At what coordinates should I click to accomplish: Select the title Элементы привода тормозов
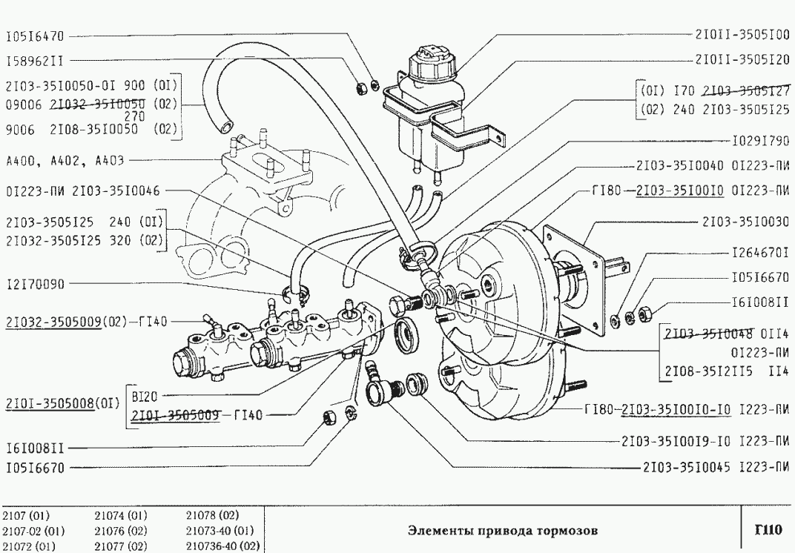point(502,531)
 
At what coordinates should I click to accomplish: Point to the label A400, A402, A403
point(65,159)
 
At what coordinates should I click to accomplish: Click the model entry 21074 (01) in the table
point(121,515)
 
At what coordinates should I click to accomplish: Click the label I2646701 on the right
point(759,254)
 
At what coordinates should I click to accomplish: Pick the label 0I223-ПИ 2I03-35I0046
point(81,191)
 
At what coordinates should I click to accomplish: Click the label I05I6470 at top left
point(36,35)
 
